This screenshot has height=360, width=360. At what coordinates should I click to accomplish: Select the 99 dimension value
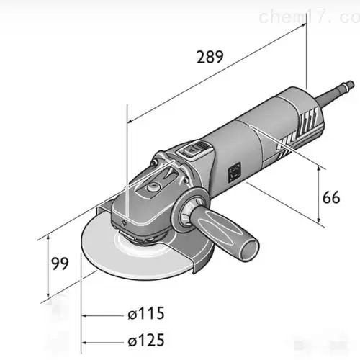click(60, 264)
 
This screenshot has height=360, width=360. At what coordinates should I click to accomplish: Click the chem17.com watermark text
click(316, 17)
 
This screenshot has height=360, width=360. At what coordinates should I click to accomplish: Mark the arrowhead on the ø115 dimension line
click(87, 314)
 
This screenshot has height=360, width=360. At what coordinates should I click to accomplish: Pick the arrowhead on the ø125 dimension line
click(87, 339)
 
